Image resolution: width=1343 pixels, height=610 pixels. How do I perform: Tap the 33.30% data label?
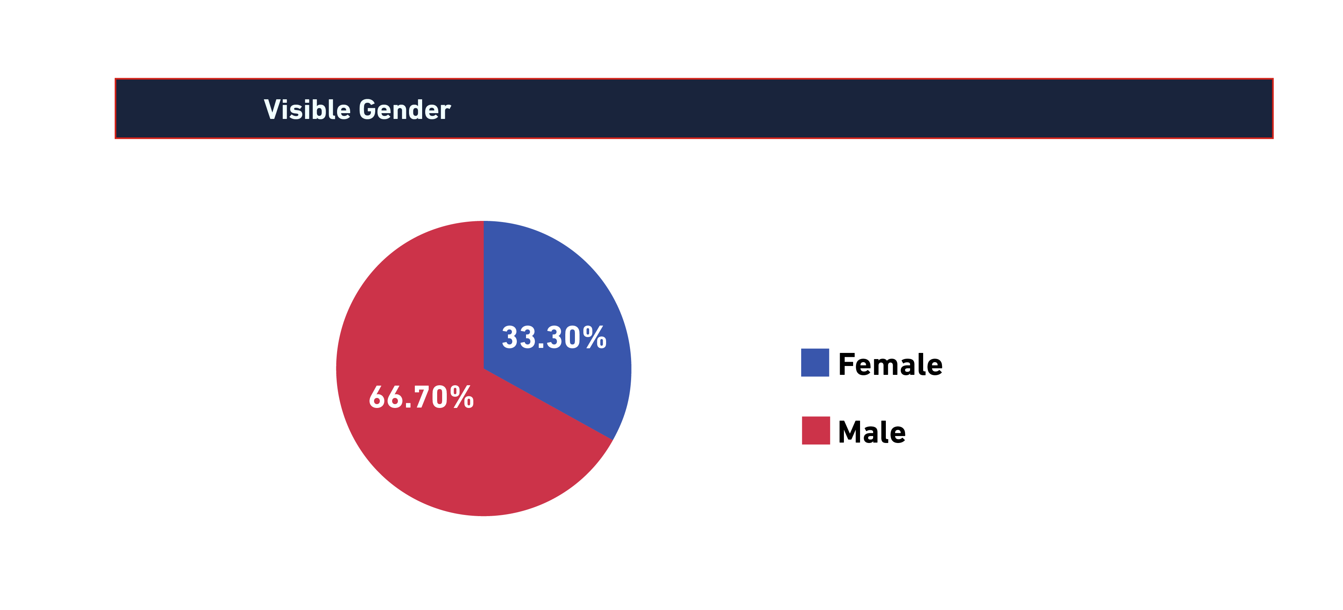pyautogui.click(x=554, y=337)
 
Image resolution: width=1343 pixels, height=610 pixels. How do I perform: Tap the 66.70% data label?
pyautogui.click(x=421, y=397)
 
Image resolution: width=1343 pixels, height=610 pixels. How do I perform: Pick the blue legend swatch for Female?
pyautogui.click(x=815, y=363)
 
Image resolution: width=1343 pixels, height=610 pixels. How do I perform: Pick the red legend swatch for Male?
pyautogui.click(x=815, y=431)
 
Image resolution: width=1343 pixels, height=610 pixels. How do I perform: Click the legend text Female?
pyautogui.click(x=890, y=364)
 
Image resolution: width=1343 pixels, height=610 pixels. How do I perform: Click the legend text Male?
pyautogui.click(x=872, y=432)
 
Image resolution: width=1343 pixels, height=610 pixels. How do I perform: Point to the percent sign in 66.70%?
pyautogui.click(x=462, y=397)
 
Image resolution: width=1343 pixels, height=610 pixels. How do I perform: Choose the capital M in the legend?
pyautogui.click(x=851, y=432)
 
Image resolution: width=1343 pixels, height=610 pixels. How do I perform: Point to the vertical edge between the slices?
pyautogui.click(x=484, y=294)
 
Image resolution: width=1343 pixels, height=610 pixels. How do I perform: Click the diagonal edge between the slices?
pyautogui.click(x=548, y=404)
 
